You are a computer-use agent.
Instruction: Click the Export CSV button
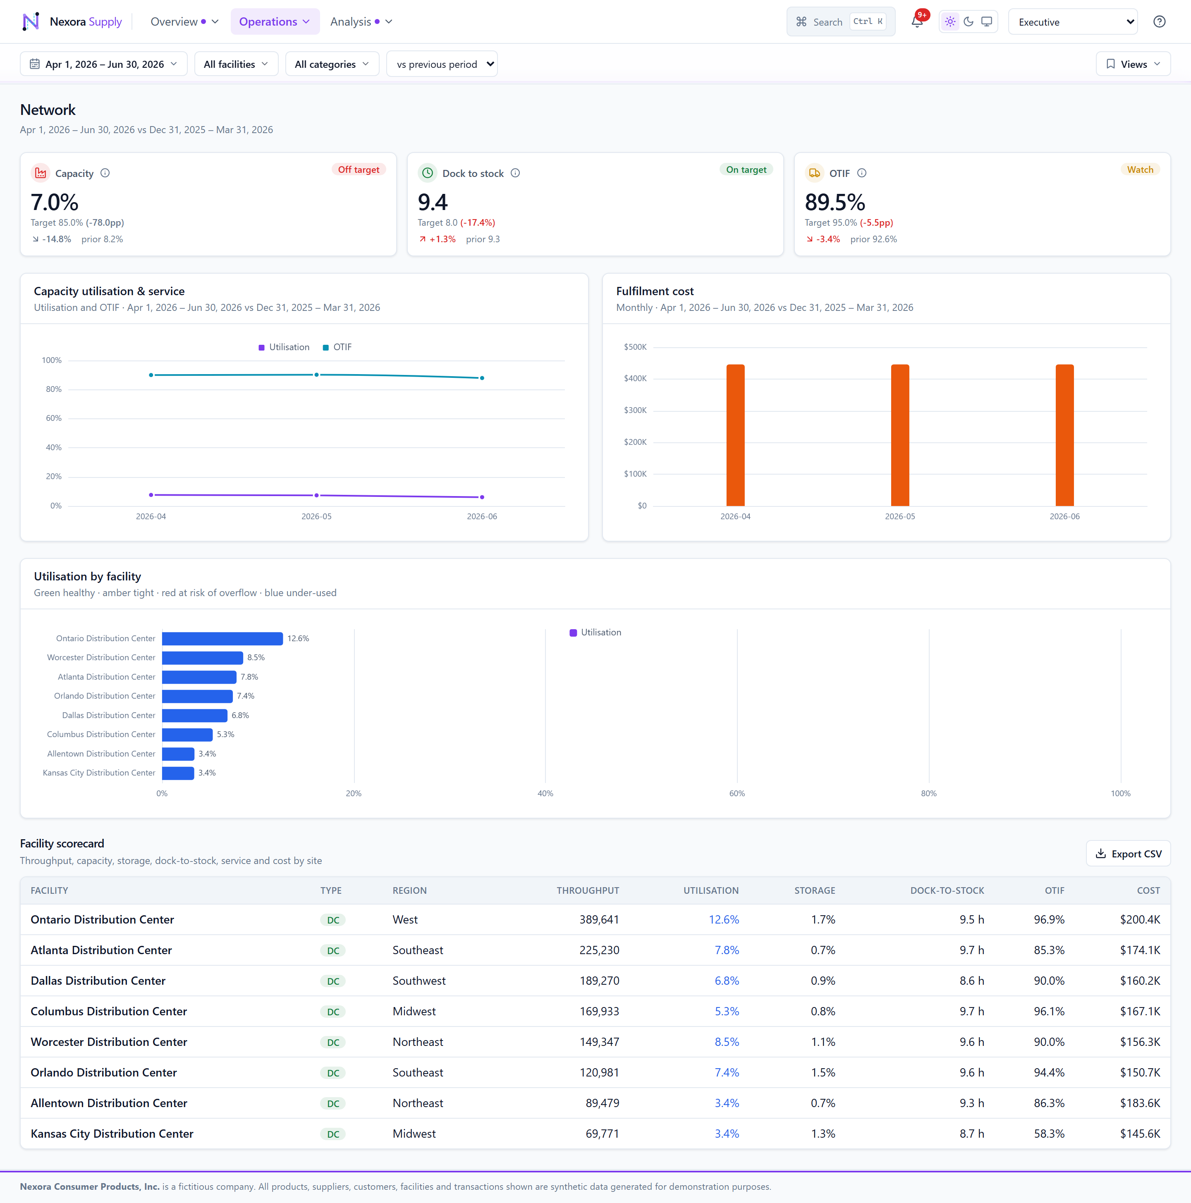tap(1128, 854)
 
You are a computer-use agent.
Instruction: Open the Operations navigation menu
tap(275, 22)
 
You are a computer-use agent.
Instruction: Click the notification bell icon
tap(917, 22)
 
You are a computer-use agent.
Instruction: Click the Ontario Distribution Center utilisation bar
tap(222, 638)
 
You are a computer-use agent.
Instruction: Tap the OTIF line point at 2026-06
tap(482, 378)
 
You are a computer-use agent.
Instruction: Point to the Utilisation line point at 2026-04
tap(151, 495)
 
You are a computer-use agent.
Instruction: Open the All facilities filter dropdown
tap(236, 64)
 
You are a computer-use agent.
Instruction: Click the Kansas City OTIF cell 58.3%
tap(1049, 1133)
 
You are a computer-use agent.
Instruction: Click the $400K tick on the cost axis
tap(635, 379)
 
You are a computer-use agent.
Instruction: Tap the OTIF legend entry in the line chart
tap(337, 347)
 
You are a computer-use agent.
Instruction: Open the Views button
tap(1133, 64)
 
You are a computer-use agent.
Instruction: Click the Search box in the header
tap(840, 22)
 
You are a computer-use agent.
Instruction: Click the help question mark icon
tap(1159, 22)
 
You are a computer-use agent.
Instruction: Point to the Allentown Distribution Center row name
tap(109, 1103)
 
